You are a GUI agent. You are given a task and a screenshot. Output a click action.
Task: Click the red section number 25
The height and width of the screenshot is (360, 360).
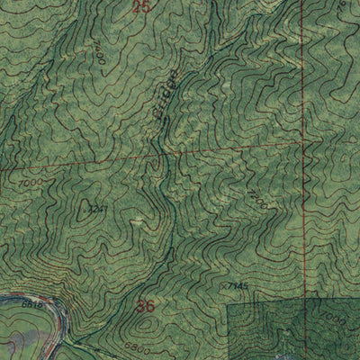coord(139,7)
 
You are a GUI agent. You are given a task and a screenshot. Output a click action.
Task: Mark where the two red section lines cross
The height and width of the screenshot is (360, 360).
coord(301,142)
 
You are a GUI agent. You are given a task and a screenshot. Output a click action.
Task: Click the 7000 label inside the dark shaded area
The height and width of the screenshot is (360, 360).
coord(335,321)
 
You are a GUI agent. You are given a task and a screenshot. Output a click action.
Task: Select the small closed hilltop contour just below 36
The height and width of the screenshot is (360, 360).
coord(144,326)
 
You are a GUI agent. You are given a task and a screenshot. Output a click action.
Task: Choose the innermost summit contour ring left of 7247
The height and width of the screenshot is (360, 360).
coord(76,209)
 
